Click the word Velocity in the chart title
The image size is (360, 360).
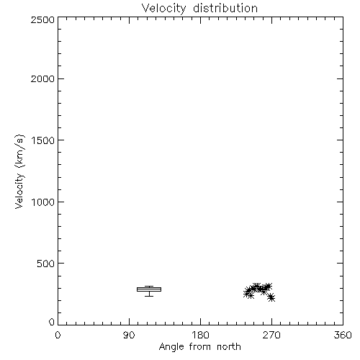[x=163, y=9]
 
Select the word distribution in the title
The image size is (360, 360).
[x=225, y=8]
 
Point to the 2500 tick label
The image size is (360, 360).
[x=42, y=19]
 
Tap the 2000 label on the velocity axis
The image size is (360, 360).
[x=42, y=78]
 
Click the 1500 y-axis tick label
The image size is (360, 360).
[x=43, y=140]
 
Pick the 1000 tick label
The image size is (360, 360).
[x=43, y=202]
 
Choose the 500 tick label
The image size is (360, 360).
[x=46, y=264]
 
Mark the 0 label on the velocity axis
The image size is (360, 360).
[x=52, y=322]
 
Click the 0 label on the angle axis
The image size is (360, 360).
[x=58, y=335]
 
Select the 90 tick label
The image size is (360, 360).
[x=129, y=335]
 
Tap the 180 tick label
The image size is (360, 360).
[x=200, y=335]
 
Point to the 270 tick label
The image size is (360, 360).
[x=271, y=335]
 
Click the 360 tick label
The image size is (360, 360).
[x=343, y=335]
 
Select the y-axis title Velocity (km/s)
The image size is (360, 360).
[x=19, y=171]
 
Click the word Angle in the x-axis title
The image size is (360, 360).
[x=171, y=347]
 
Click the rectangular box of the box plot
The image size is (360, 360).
[x=149, y=287]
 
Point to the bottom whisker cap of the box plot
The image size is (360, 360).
[x=149, y=296]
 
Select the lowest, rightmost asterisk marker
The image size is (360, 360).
[x=271, y=298]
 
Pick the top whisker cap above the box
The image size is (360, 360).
[x=149, y=286]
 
